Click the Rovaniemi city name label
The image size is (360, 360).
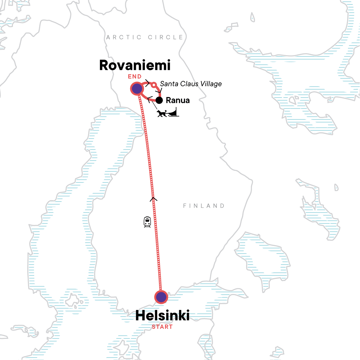click(x=135, y=65)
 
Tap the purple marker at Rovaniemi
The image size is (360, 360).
click(x=137, y=89)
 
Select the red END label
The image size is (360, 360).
click(x=135, y=76)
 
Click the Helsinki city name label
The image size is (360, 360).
click(x=162, y=316)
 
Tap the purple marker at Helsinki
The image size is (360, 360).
click(x=161, y=297)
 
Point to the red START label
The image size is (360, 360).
click(x=162, y=327)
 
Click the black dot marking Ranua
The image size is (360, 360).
click(x=159, y=100)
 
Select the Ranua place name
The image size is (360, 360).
click(x=178, y=100)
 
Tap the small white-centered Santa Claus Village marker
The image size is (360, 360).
click(x=154, y=85)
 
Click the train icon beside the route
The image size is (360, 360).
click(x=147, y=222)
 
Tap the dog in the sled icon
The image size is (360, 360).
click(x=162, y=113)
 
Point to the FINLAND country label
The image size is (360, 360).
click(x=204, y=206)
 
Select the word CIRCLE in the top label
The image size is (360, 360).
click(x=165, y=37)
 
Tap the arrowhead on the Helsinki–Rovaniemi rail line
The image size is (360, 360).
click(x=153, y=198)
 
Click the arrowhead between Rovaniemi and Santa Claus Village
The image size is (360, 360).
click(x=147, y=83)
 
